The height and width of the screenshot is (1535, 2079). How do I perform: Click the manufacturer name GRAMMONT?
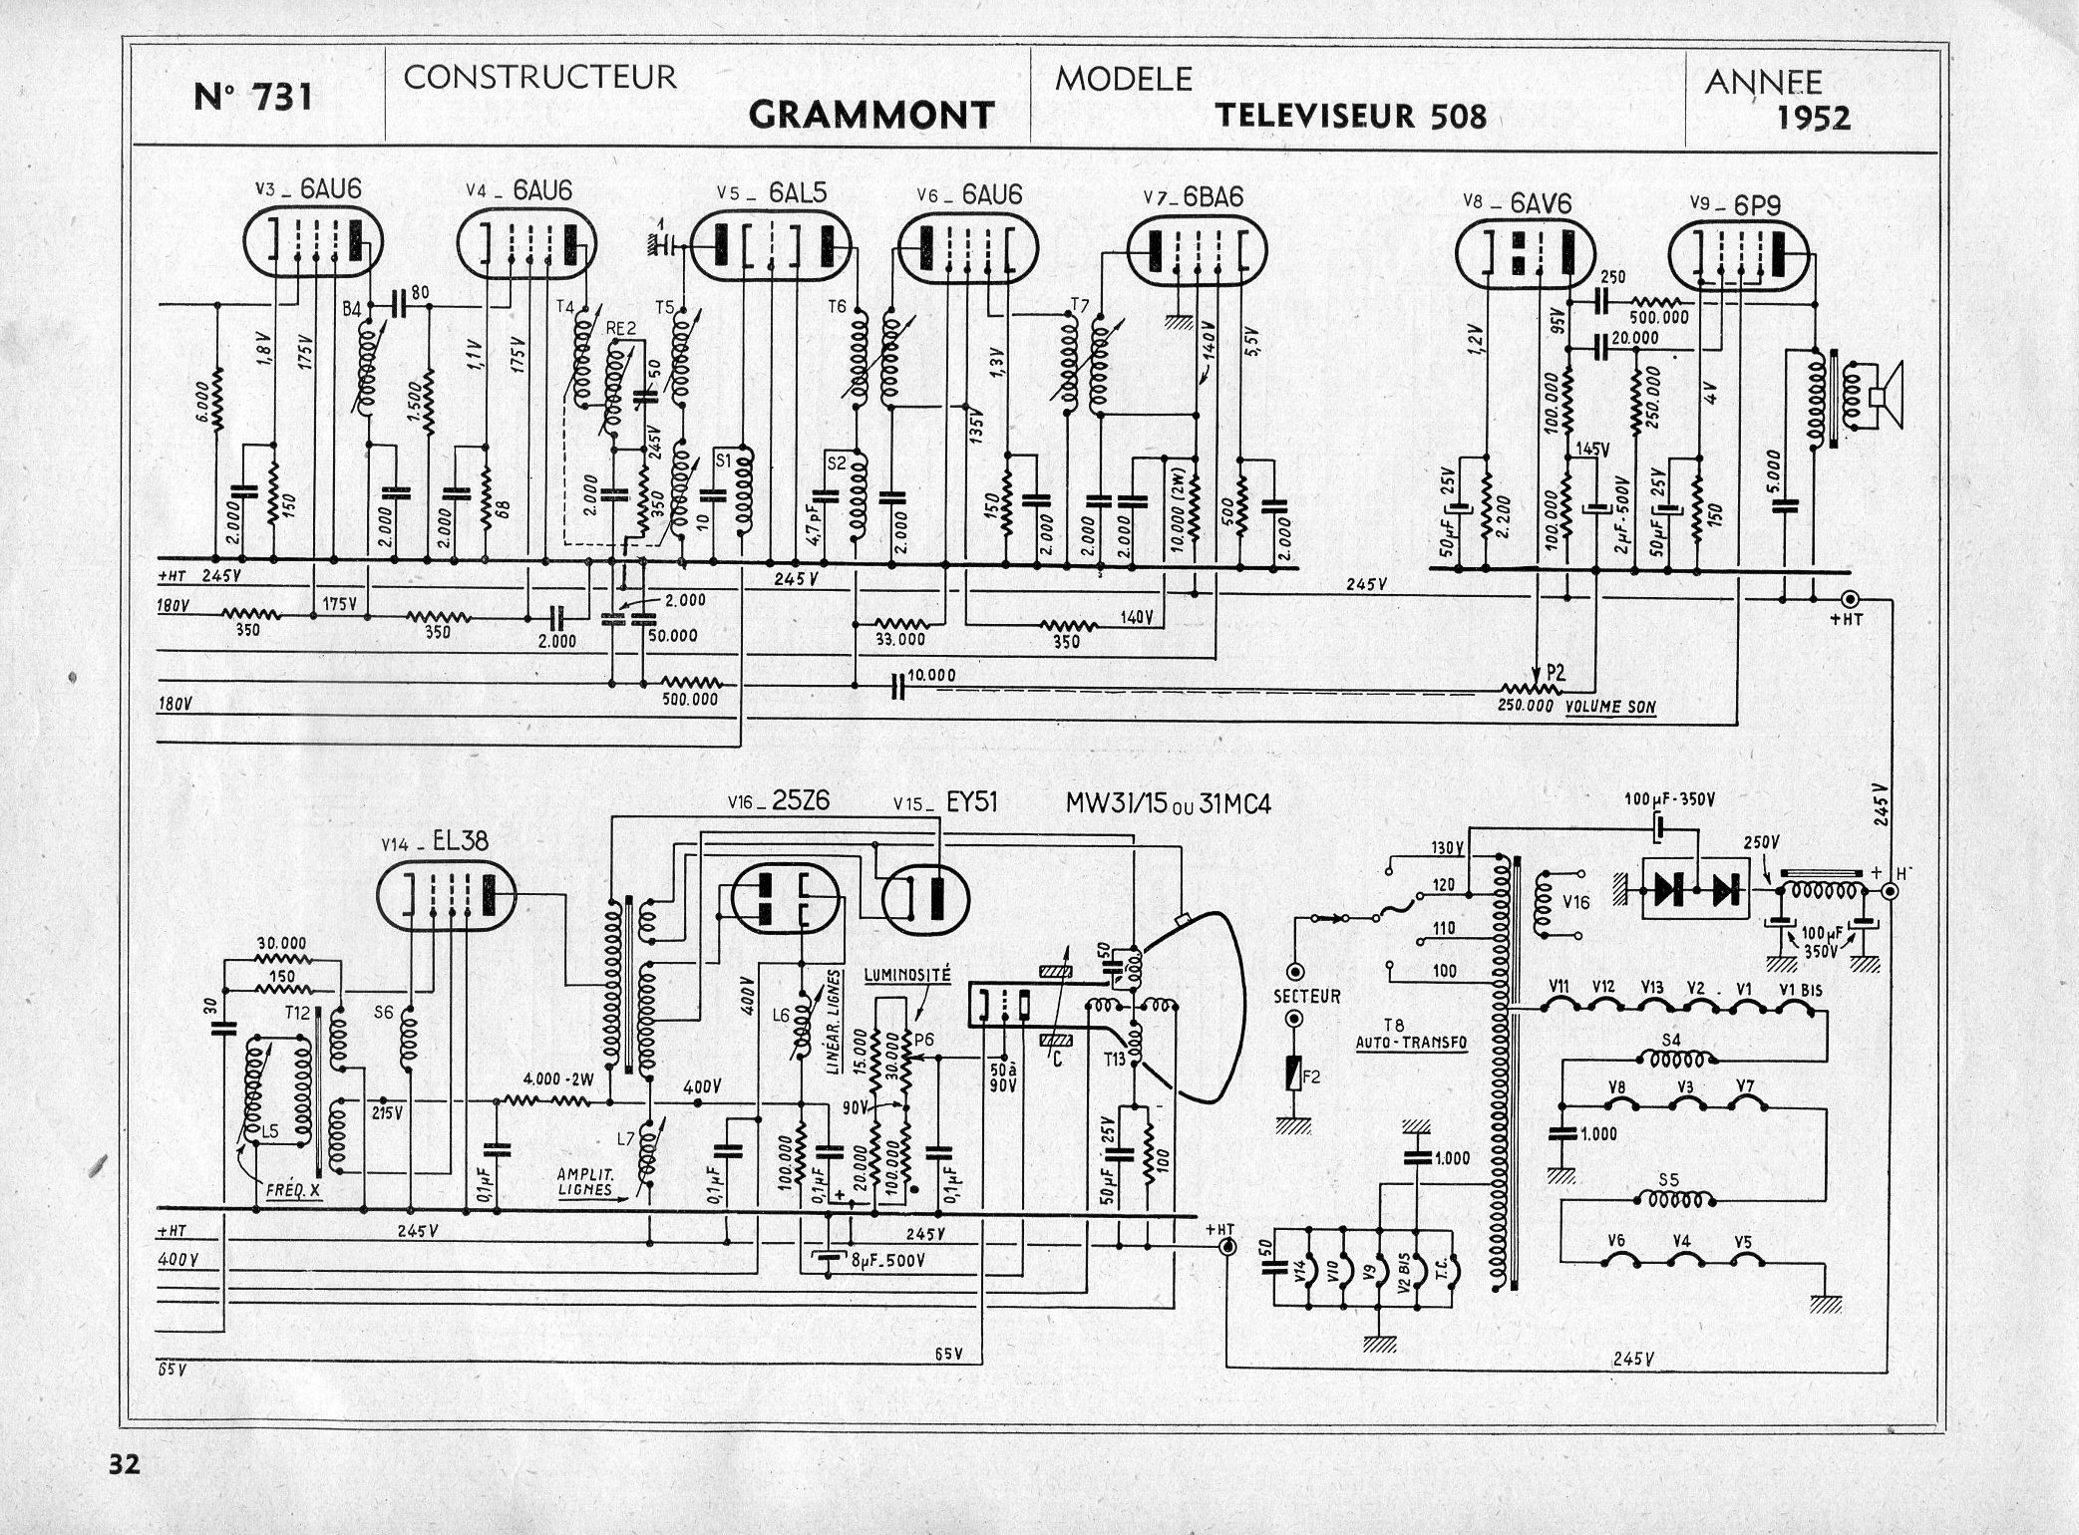870,115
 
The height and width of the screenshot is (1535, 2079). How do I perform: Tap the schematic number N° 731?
253,97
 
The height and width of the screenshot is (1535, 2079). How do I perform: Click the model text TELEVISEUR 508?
1350,116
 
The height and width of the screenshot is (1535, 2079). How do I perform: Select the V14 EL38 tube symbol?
447,896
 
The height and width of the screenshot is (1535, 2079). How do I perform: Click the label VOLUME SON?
1609,707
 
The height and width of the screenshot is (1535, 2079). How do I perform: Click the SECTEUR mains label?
1306,995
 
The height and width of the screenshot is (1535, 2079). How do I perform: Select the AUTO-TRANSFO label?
1410,1044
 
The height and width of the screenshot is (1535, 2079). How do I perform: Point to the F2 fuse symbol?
1294,1076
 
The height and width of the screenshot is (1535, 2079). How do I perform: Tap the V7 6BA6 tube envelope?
1193,251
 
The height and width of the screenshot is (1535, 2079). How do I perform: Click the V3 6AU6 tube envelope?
313,245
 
